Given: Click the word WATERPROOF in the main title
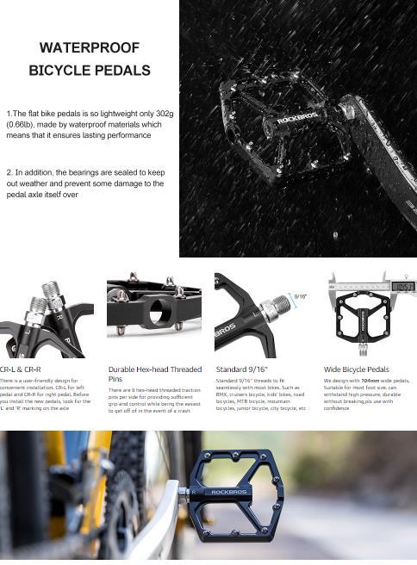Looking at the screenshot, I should click(90, 48).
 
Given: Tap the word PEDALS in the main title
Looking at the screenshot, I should click(123, 71).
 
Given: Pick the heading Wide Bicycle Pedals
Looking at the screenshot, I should click(356, 369).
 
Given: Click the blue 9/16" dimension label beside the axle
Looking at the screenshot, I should click(300, 297).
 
